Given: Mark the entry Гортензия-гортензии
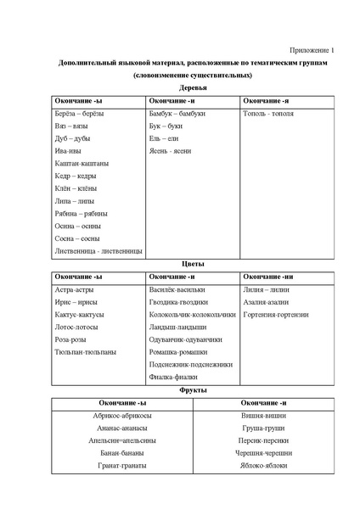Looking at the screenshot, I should coord(275,314).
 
